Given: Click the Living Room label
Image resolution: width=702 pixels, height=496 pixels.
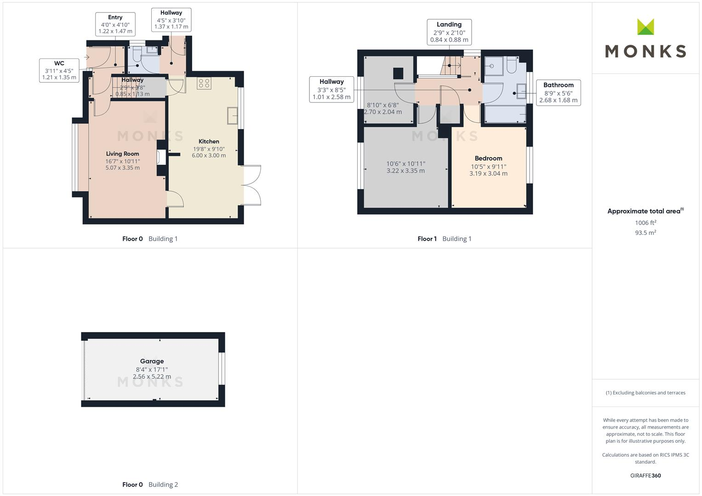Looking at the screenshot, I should [x=122, y=154].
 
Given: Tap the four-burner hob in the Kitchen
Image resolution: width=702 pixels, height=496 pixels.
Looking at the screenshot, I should [x=204, y=83].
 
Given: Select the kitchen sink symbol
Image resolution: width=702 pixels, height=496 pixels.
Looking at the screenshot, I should [x=232, y=115].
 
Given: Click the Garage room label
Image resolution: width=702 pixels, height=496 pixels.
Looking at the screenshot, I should [x=152, y=361].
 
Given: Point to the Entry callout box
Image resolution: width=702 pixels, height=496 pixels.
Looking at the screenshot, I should [x=115, y=24].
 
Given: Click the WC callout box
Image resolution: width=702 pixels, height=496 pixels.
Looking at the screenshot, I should [x=59, y=70].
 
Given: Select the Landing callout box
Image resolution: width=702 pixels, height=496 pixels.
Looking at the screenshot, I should [x=449, y=32].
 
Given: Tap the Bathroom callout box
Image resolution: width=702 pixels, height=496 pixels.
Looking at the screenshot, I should [x=558, y=92].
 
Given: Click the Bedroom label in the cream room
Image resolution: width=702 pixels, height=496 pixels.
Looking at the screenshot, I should [x=488, y=158].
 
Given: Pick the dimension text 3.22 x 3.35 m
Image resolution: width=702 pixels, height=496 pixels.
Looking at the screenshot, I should [x=405, y=171].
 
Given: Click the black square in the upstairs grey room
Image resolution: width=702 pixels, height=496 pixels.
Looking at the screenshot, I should [x=398, y=73].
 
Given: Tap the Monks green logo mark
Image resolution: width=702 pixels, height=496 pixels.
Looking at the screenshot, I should [x=645, y=27].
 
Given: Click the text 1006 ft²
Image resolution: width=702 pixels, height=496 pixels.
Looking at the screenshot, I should [x=645, y=223].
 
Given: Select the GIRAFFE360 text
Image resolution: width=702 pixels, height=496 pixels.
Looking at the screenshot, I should [x=645, y=476].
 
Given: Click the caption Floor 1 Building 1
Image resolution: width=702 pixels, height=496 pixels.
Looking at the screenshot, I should [x=444, y=239].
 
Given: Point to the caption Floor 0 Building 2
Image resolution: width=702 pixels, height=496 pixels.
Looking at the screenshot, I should [x=150, y=485].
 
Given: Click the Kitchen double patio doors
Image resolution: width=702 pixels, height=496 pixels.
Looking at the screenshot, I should [x=252, y=185].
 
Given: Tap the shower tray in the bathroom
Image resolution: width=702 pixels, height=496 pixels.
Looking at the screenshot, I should [x=493, y=66].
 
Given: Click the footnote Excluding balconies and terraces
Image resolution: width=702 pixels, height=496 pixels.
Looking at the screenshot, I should [x=645, y=393].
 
